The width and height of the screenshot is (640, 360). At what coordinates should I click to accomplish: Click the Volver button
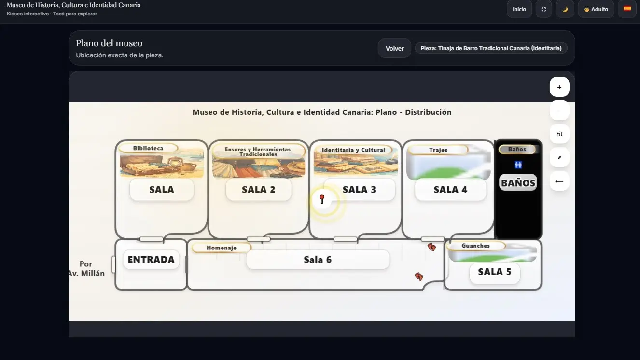tap(394, 48)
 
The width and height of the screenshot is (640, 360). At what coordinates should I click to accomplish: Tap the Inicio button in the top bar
tap(519, 9)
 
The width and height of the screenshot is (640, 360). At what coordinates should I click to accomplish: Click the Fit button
tap(559, 134)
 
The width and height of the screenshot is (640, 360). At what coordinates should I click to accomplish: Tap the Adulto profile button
tap(596, 9)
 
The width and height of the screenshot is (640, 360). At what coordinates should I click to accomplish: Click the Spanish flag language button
tap(627, 9)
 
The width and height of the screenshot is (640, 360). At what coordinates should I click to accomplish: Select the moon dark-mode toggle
tap(565, 9)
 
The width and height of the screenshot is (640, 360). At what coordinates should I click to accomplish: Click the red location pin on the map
tap(322, 199)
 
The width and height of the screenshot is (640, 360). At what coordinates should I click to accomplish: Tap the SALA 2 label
tap(259, 190)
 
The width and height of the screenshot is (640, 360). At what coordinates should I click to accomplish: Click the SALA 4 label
tap(451, 190)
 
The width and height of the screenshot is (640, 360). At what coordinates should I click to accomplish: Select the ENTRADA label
tap(151, 260)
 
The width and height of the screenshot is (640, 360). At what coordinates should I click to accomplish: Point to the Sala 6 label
tap(318, 260)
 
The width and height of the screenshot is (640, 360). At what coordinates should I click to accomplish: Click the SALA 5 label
tap(495, 272)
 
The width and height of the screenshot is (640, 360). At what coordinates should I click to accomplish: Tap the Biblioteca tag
tap(148, 148)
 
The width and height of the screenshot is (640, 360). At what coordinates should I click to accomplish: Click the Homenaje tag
tap(222, 248)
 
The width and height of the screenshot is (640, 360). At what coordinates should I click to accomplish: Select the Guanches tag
tap(476, 246)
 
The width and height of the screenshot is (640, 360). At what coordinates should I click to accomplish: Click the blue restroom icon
tap(518, 165)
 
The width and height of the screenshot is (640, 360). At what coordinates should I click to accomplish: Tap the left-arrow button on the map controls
tap(559, 181)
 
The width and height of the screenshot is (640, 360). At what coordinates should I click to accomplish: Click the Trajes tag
tap(438, 150)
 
